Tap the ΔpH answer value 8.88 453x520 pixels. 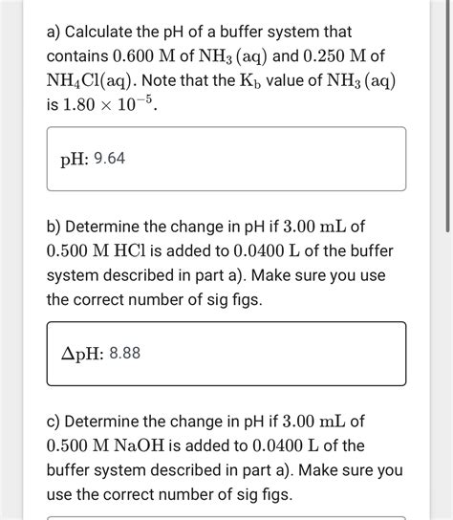(125, 354)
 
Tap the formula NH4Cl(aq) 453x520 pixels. (93, 81)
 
